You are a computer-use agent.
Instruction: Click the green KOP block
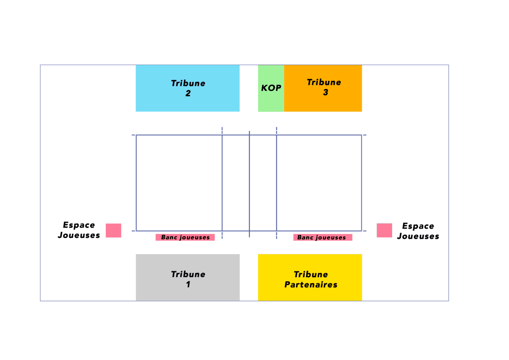[x=271, y=88]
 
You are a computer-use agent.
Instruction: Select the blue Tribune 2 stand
[x=187, y=88]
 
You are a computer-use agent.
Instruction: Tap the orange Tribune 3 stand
[x=323, y=88]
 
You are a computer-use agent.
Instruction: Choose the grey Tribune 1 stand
[x=188, y=277]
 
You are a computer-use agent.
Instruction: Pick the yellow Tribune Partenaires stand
[x=310, y=277]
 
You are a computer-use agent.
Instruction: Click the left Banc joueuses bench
[x=185, y=237]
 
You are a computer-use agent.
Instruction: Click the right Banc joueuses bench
[x=322, y=237]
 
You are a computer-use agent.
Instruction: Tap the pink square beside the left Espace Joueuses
[x=113, y=230]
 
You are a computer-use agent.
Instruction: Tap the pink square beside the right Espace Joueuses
[x=384, y=230]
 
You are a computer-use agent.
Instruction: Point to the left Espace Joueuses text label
[x=79, y=230]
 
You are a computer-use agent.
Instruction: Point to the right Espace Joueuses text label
[x=418, y=231]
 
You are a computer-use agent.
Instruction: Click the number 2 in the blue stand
[x=188, y=93]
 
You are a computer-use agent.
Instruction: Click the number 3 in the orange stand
[x=326, y=92]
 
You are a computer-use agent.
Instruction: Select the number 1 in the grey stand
[x=188, y=284]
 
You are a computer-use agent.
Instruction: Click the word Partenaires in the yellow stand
[x=311, y=284]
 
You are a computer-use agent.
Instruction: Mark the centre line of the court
[x=249, y=184]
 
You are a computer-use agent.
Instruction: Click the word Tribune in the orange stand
[x=324, y=82]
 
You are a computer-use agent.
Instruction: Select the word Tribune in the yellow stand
[x=311, y=274]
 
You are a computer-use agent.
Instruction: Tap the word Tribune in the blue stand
[x=188, y=83]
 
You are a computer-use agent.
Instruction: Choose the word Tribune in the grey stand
[x=188, y=274]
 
